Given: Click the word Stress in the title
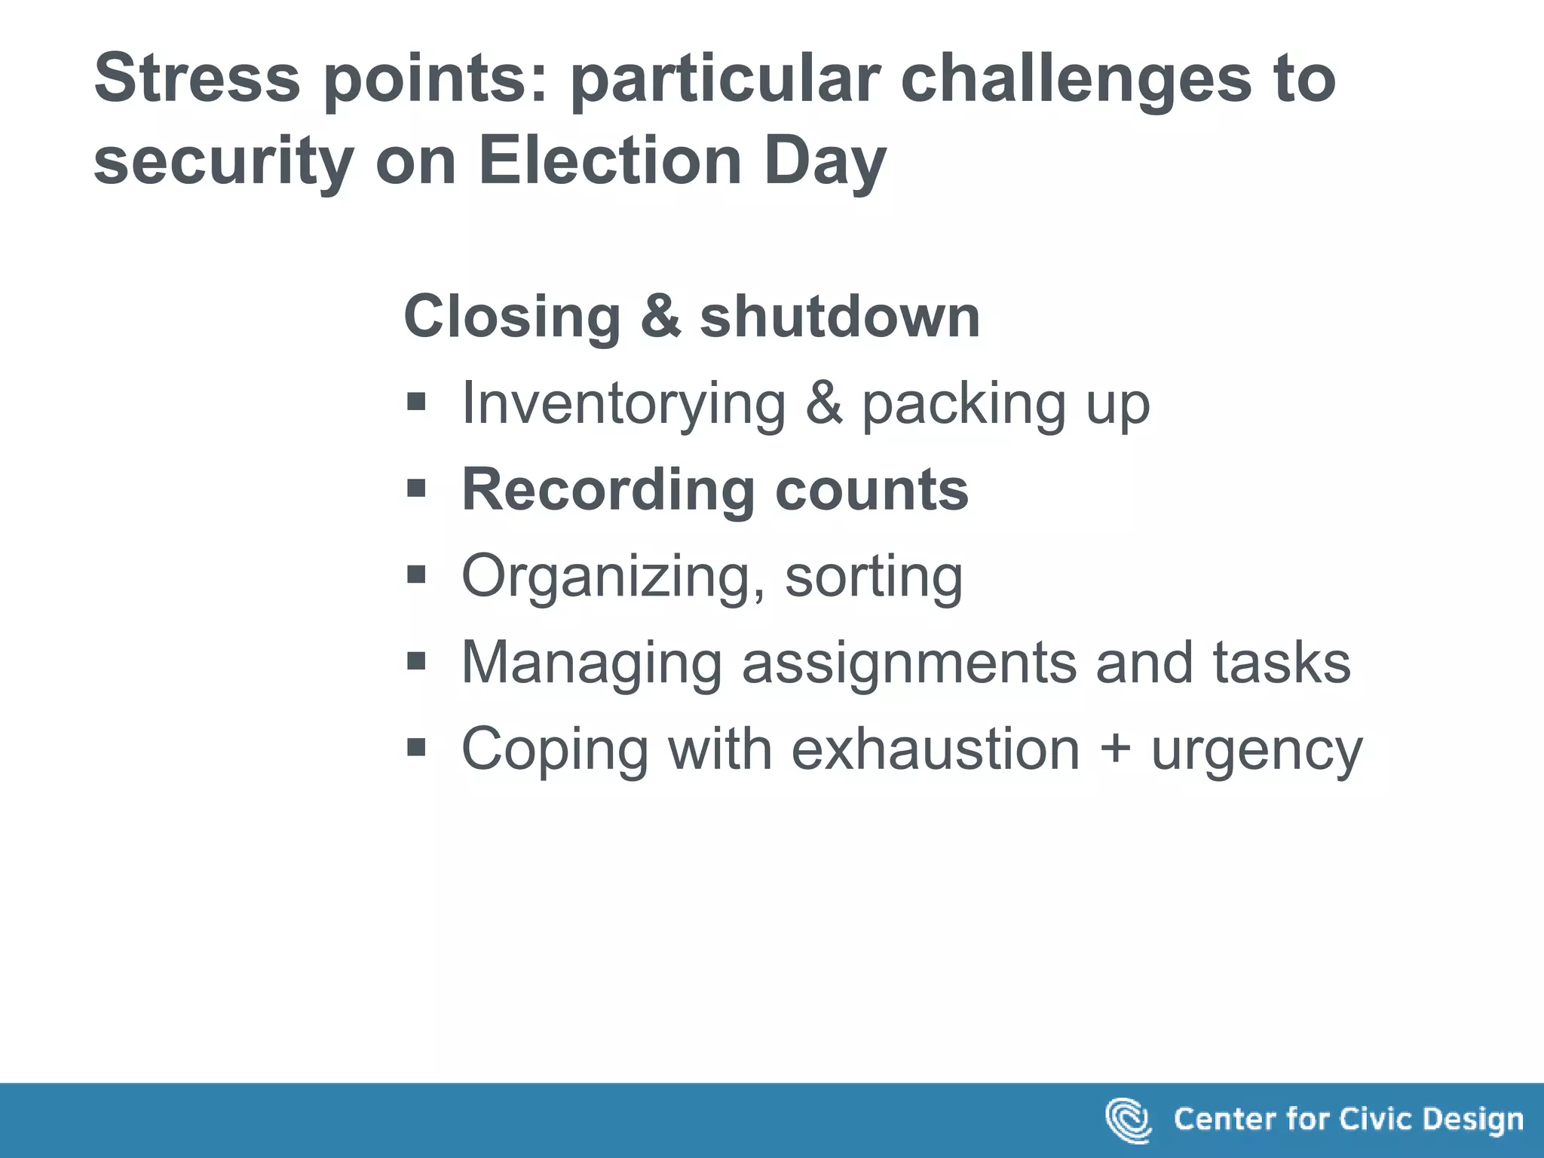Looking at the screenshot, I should (197, 78).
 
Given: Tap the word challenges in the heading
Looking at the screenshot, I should (1074, 80).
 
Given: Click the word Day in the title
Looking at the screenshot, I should (825, 162).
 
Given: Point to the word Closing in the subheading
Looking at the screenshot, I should (512, 317).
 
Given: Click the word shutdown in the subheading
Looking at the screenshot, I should (840, 317).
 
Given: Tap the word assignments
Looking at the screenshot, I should (908, 663).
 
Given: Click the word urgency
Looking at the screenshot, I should (1257, 751).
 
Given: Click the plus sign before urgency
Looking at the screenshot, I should (1115, 750).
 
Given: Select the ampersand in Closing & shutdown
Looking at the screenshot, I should (660, 317).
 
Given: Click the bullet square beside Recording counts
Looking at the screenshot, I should (416, 489).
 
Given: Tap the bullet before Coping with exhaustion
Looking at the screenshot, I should (416, 748).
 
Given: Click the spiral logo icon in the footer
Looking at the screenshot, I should (1127, 1120).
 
